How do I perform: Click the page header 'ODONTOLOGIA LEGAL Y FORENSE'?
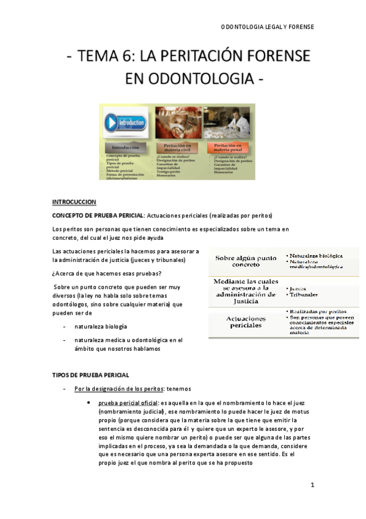pos(266,28)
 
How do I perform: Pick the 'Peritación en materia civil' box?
pos(178,147)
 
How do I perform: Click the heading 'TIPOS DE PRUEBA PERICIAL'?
pos(90,375)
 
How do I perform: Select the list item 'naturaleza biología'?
pos(101,326)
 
